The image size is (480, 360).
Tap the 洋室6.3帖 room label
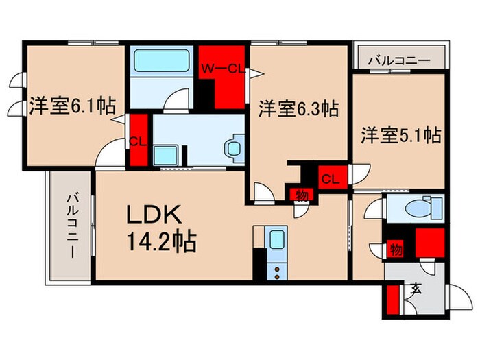point(298,108)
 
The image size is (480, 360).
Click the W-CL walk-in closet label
point(222,69)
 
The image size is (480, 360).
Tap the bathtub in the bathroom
point(162,60)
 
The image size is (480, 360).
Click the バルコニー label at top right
point(398,60)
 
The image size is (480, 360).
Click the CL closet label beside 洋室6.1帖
point(138,142)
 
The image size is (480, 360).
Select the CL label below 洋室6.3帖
point(330,180)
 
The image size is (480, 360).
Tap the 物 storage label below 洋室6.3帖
point(300,195)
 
